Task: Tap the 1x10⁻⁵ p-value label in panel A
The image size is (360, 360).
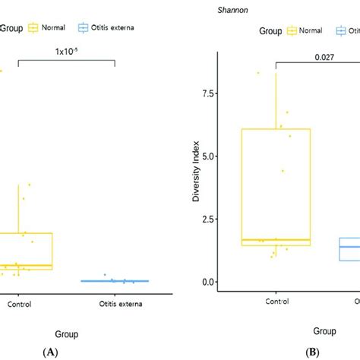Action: tap(67, 53)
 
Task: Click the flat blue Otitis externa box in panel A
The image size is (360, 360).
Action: tap(115, 281)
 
